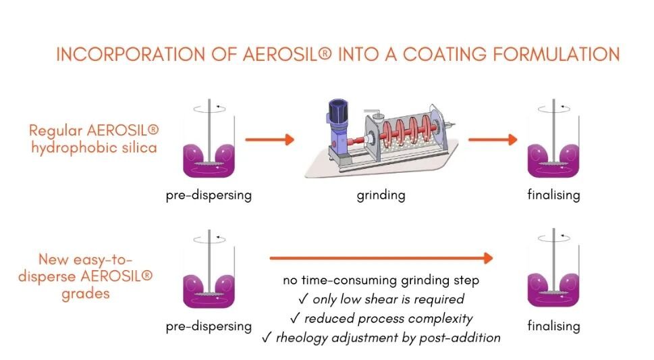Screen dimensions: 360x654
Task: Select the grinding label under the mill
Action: point(381,196)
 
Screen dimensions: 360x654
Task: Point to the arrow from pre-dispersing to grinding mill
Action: point(269,140)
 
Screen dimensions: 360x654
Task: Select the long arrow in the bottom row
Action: point(381,258)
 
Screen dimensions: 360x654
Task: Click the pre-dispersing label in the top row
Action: point(209,196)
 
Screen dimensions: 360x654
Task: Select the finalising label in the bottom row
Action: point(553,326)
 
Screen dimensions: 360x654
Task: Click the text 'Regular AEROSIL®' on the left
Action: point(94,128)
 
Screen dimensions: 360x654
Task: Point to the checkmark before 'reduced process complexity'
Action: point(290,318)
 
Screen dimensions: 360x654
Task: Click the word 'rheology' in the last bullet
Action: point(299,337)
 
